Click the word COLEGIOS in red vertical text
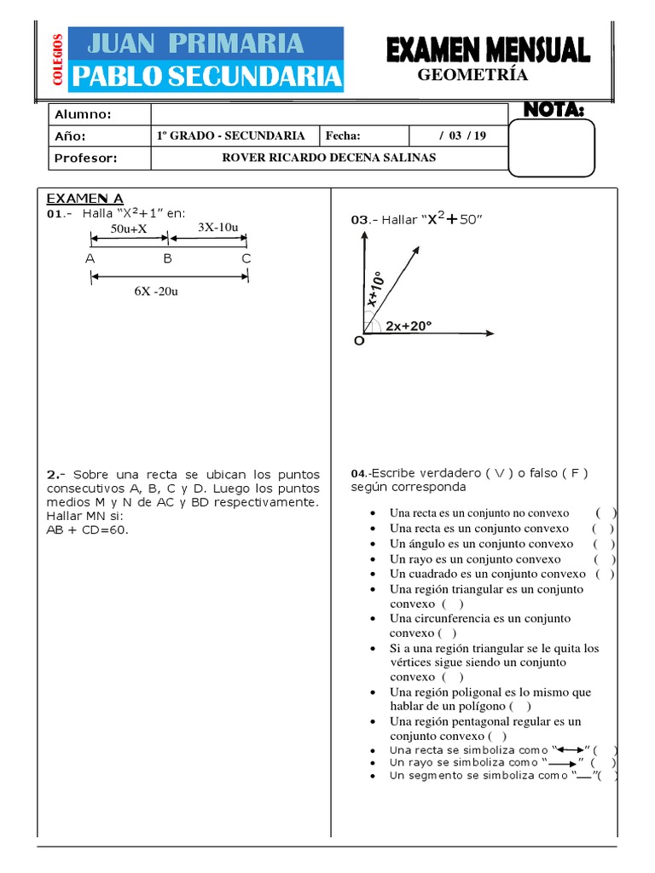coord(57,59)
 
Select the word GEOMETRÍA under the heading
coord(472,75)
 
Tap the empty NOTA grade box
coord(551,148)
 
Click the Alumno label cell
coord(83,115)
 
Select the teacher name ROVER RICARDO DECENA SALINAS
coord(328,158)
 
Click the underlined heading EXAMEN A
coord(84,199)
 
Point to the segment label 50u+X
coord(129,228)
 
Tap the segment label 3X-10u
coord(217,228)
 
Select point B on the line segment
coord(168,257)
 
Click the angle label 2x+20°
coord(409,326)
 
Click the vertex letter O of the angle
coord(358,341)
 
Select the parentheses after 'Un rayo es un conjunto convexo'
coord(605,559)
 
